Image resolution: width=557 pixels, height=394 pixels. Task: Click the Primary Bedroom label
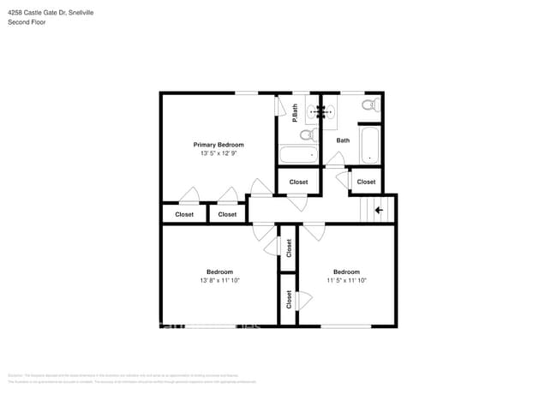(218, 145)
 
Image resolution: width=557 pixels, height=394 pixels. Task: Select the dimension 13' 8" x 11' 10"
(219, 280)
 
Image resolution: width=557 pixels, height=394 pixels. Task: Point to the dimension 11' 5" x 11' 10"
(346, 280)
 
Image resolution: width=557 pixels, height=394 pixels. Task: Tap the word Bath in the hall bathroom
(343, 140)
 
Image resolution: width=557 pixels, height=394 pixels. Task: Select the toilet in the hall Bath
(368, 106)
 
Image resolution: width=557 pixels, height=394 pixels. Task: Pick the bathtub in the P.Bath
(297, 156)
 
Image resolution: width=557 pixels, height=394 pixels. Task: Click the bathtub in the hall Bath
(369, 146)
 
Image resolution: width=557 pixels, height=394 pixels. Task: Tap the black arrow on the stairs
(379, 209)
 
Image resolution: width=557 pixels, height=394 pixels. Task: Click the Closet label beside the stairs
(366, 182)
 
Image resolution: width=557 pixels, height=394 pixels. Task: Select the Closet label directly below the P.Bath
(298, 182)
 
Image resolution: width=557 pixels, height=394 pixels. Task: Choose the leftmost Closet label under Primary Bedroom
(184, 214)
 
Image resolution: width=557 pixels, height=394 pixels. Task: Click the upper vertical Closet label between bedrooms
(289, 248)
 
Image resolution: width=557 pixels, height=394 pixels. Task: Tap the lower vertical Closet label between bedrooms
(289, 300)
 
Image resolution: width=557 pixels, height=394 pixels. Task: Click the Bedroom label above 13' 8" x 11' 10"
(219, 272)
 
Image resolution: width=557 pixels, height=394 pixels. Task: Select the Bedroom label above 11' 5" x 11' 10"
(346, 272)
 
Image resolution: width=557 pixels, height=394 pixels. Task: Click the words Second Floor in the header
(27, 22)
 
